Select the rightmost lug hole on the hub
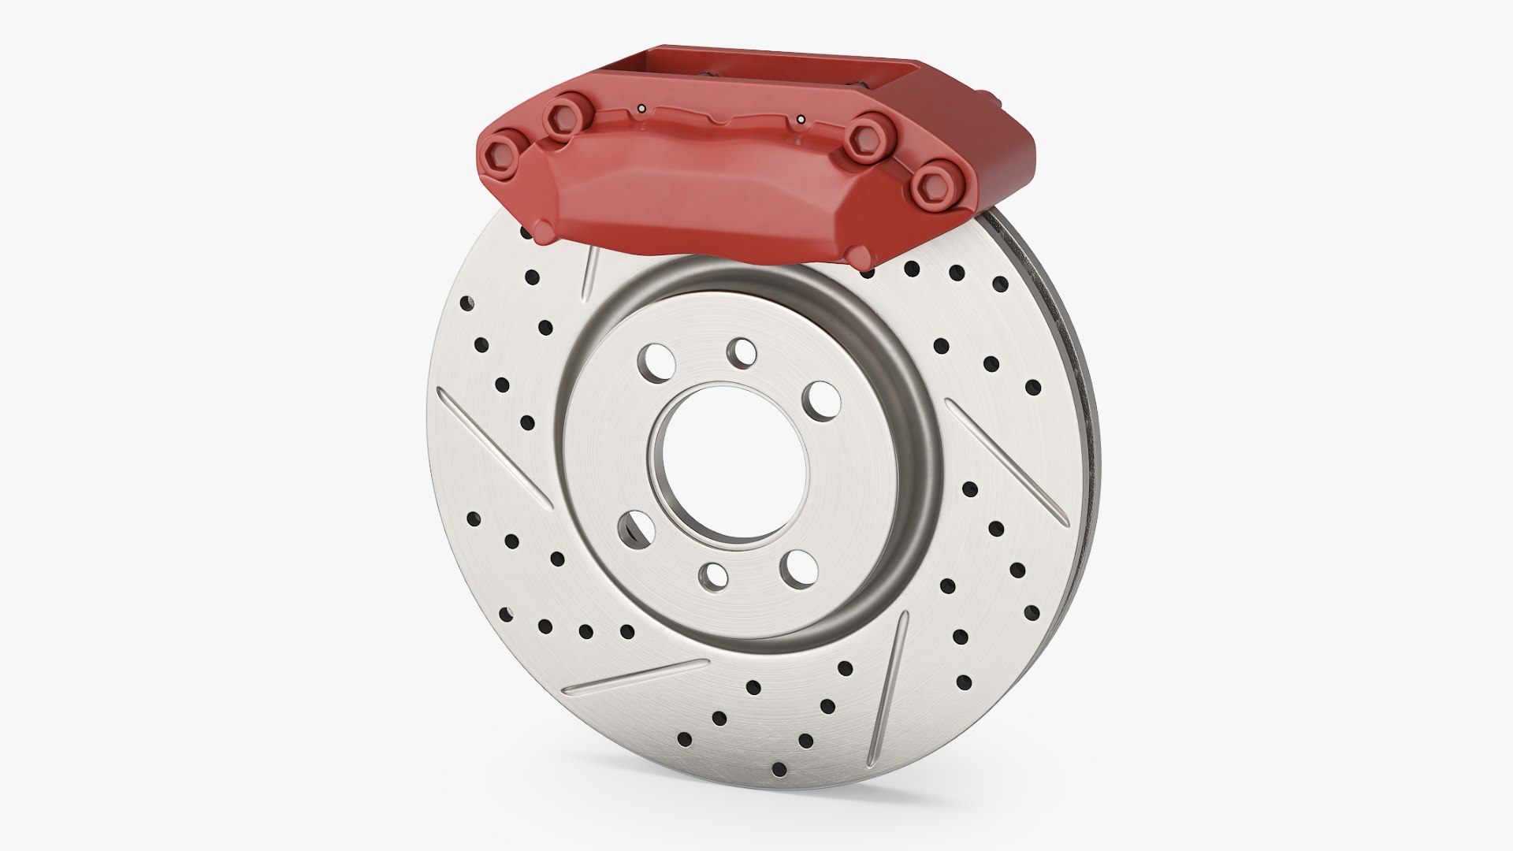click(x=820, y=398)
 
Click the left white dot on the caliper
click(x=641, y=108)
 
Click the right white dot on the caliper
click(x=801, y=120)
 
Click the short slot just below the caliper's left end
click(x=588, y=274)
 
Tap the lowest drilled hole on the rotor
click(x=780, y=768)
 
